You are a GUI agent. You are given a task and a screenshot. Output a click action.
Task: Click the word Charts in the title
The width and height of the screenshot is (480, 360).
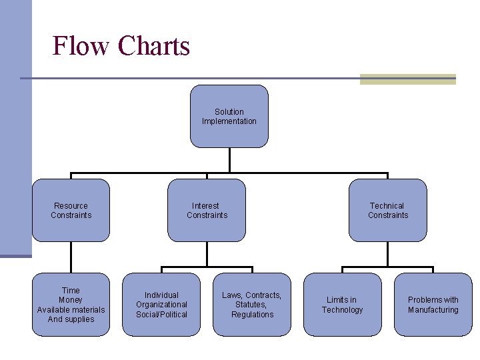click(154, 46)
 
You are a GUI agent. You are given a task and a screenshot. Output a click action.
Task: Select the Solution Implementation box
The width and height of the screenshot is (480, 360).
click(229, 117)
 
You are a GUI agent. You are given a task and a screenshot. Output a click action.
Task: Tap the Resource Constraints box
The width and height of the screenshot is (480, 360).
click(71, 211)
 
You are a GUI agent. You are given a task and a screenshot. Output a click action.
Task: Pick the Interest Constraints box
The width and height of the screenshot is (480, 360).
click(207, 211)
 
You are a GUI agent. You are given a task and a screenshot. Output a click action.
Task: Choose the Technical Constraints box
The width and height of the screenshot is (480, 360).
click(387, 211)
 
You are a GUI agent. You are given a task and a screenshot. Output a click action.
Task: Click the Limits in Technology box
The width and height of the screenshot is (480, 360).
click(342, 305)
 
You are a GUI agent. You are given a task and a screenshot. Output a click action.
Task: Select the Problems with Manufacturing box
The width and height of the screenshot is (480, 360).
click(433, 305)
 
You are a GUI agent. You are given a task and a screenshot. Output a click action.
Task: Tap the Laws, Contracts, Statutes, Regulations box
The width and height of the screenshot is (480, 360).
click(252, 305)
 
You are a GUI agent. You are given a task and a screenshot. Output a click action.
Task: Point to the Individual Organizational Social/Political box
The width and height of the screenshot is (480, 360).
click(161, 305)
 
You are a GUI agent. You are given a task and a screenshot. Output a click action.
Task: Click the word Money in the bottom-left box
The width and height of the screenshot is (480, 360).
click(71, 300)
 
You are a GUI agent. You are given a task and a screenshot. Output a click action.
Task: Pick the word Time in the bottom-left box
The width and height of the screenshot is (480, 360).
click(71, 291)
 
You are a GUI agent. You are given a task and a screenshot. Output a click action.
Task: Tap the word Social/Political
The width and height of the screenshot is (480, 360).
click(161, 315)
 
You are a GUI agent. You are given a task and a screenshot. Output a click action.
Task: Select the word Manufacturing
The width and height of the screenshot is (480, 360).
click(433, 310)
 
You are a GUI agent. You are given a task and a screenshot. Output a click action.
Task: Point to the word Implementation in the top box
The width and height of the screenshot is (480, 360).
click(229, 121)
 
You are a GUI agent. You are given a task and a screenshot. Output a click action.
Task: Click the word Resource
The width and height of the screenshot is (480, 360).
click(71, 206)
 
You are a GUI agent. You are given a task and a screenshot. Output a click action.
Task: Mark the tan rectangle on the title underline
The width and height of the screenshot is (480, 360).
click(407, 79)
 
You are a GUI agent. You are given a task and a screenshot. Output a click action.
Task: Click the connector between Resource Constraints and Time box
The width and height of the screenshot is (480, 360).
click(71, 257)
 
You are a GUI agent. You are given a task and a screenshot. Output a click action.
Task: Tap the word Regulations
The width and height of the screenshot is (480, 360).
click(253, 315)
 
